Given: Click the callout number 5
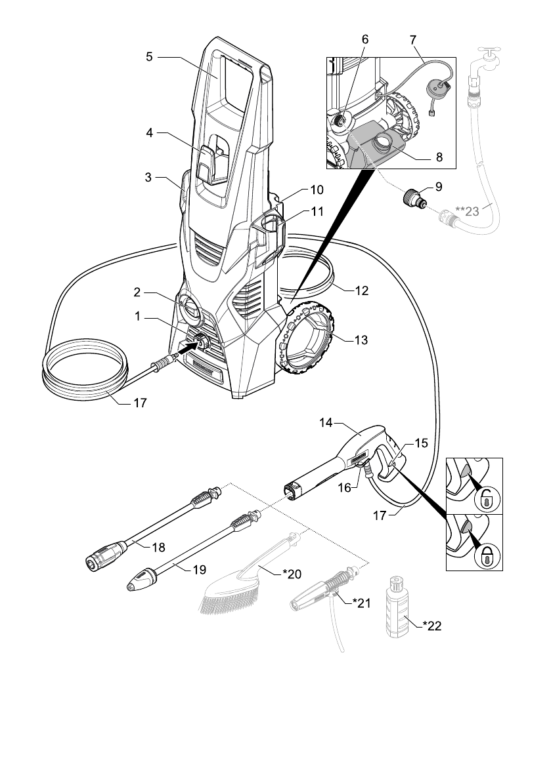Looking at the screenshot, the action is [x=150, y=57].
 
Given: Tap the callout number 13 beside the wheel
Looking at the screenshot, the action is [x=361, y=340].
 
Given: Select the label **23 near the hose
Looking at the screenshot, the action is [x=467, y=211].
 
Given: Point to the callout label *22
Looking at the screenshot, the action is [x=432, y=626].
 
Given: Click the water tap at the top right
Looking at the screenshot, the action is [x=488, y=59].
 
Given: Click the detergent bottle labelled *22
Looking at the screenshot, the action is [x=397, y=607].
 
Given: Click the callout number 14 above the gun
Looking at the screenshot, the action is [x=326, y=423].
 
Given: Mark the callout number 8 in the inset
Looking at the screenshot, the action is [x=439, y=157].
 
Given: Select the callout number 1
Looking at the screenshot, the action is [x=138, y=316].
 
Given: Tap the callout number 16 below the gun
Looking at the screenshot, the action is [x=345, y=488].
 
